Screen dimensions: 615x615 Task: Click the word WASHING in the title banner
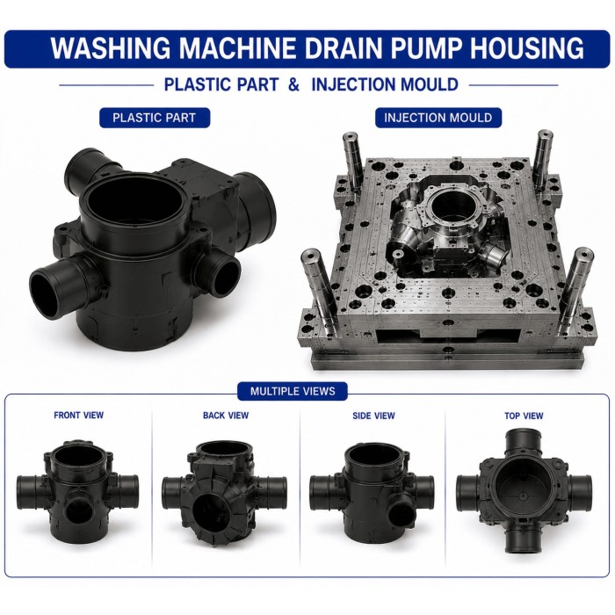[111, 47]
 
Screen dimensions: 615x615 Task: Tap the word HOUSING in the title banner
[527, 47]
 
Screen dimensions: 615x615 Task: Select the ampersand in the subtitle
[293, 84]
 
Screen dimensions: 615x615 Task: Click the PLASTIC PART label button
[154, 118]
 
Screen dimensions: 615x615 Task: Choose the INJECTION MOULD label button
[438, 118]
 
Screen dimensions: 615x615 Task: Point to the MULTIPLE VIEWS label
[293, 391]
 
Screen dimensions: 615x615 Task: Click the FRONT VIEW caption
[79, 415]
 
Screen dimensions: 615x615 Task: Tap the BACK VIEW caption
[226, 416]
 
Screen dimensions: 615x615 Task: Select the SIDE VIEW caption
[373, 416]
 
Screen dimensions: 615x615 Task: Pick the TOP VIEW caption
[524, 416]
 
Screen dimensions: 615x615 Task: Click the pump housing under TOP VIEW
[524, 491]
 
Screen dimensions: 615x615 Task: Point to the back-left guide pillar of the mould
[353, 163]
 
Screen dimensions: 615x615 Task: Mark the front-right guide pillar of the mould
[574, 288]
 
